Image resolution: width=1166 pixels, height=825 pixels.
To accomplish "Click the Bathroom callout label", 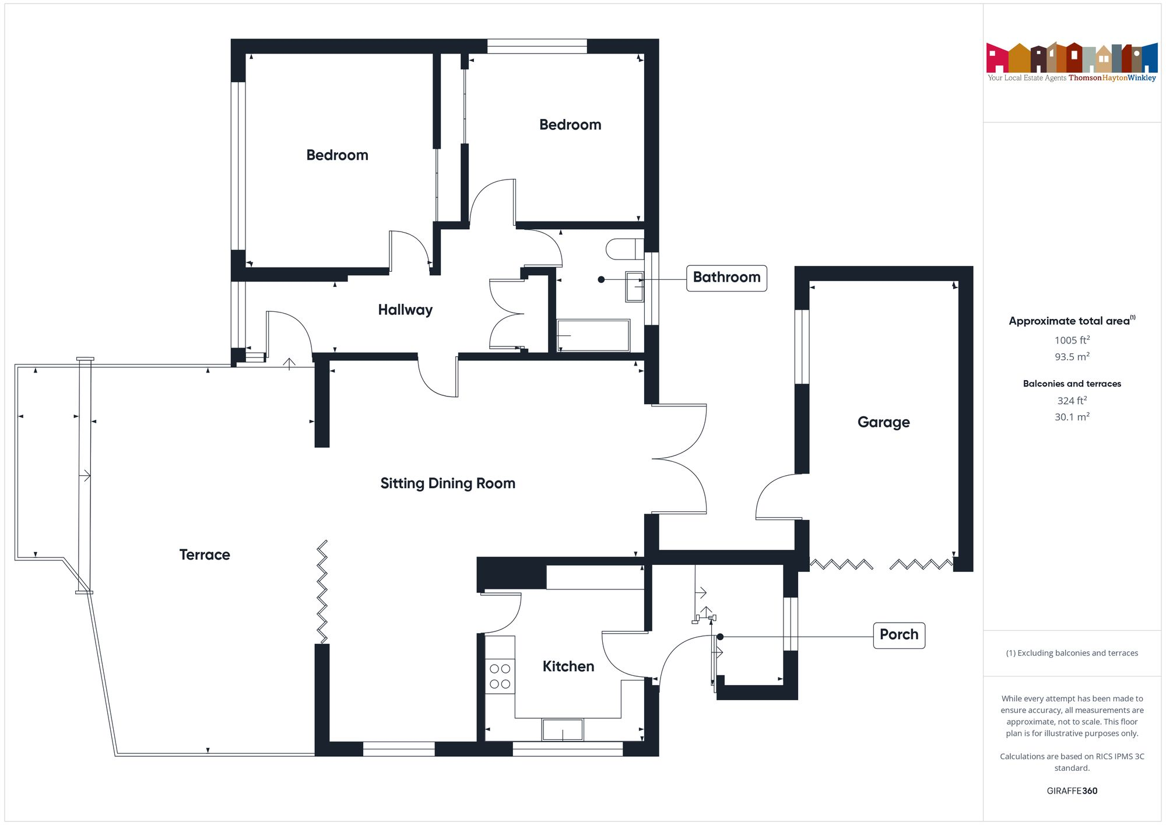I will (726, 278).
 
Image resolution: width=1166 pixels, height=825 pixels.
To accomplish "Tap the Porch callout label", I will (898, 635).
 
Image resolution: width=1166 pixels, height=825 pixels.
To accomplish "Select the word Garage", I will (883, 422).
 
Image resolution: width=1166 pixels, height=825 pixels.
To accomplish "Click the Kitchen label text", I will (568, 666).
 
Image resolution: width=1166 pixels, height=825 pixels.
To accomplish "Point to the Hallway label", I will (405, 310).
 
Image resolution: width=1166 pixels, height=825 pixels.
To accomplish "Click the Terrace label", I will (204, 554).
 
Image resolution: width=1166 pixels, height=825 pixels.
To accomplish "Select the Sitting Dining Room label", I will (448, 483).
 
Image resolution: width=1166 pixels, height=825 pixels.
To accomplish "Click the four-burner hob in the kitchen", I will (500, 676).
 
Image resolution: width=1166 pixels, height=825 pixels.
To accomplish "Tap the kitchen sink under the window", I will (562, 730).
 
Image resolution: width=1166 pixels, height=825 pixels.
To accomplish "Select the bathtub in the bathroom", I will (593, 335).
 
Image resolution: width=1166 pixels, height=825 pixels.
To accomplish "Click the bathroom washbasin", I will (634, 286).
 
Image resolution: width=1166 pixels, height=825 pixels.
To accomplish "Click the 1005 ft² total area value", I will (1072, 340).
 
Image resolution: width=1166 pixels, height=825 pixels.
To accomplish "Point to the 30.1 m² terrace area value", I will (1072, 417).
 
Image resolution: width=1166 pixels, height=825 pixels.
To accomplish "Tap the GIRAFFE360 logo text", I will (1072, 791).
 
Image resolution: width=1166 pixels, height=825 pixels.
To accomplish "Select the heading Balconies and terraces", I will (1072, 384).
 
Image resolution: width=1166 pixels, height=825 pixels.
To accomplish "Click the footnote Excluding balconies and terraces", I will (1072, 653).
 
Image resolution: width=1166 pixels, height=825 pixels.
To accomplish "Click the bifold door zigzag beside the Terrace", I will (322, 591).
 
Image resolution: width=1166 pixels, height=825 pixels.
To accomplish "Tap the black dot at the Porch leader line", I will (720, 637).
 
